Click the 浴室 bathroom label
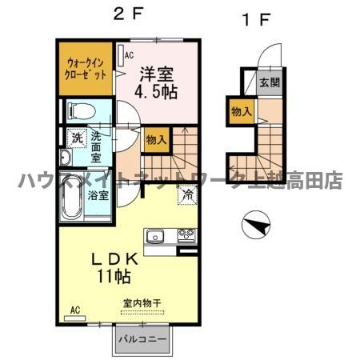(x=98, y=195)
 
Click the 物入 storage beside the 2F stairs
(x=157, y=140)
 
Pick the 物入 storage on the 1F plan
(x=241, y=111)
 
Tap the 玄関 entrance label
(x=270, y=82)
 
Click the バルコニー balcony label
(x=142, y=339)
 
